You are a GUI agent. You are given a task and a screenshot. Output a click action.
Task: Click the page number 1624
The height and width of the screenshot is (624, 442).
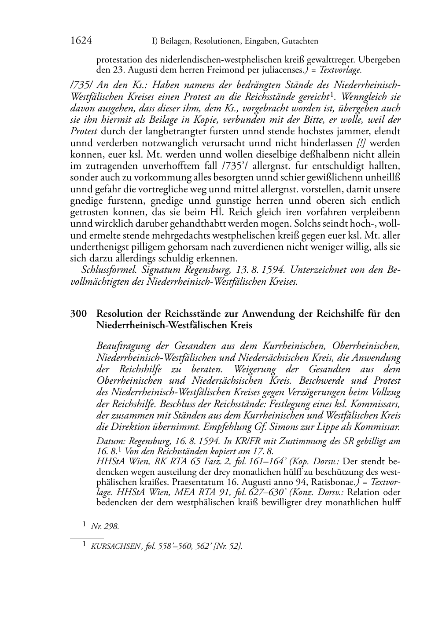[81, 41]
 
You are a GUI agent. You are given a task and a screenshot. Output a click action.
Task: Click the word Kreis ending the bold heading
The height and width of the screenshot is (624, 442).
[240, 326]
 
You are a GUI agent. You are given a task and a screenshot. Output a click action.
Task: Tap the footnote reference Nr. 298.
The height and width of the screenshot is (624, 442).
[105, 526]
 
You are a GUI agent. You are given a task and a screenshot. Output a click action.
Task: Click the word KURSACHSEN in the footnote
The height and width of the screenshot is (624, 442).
[110, 547]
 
